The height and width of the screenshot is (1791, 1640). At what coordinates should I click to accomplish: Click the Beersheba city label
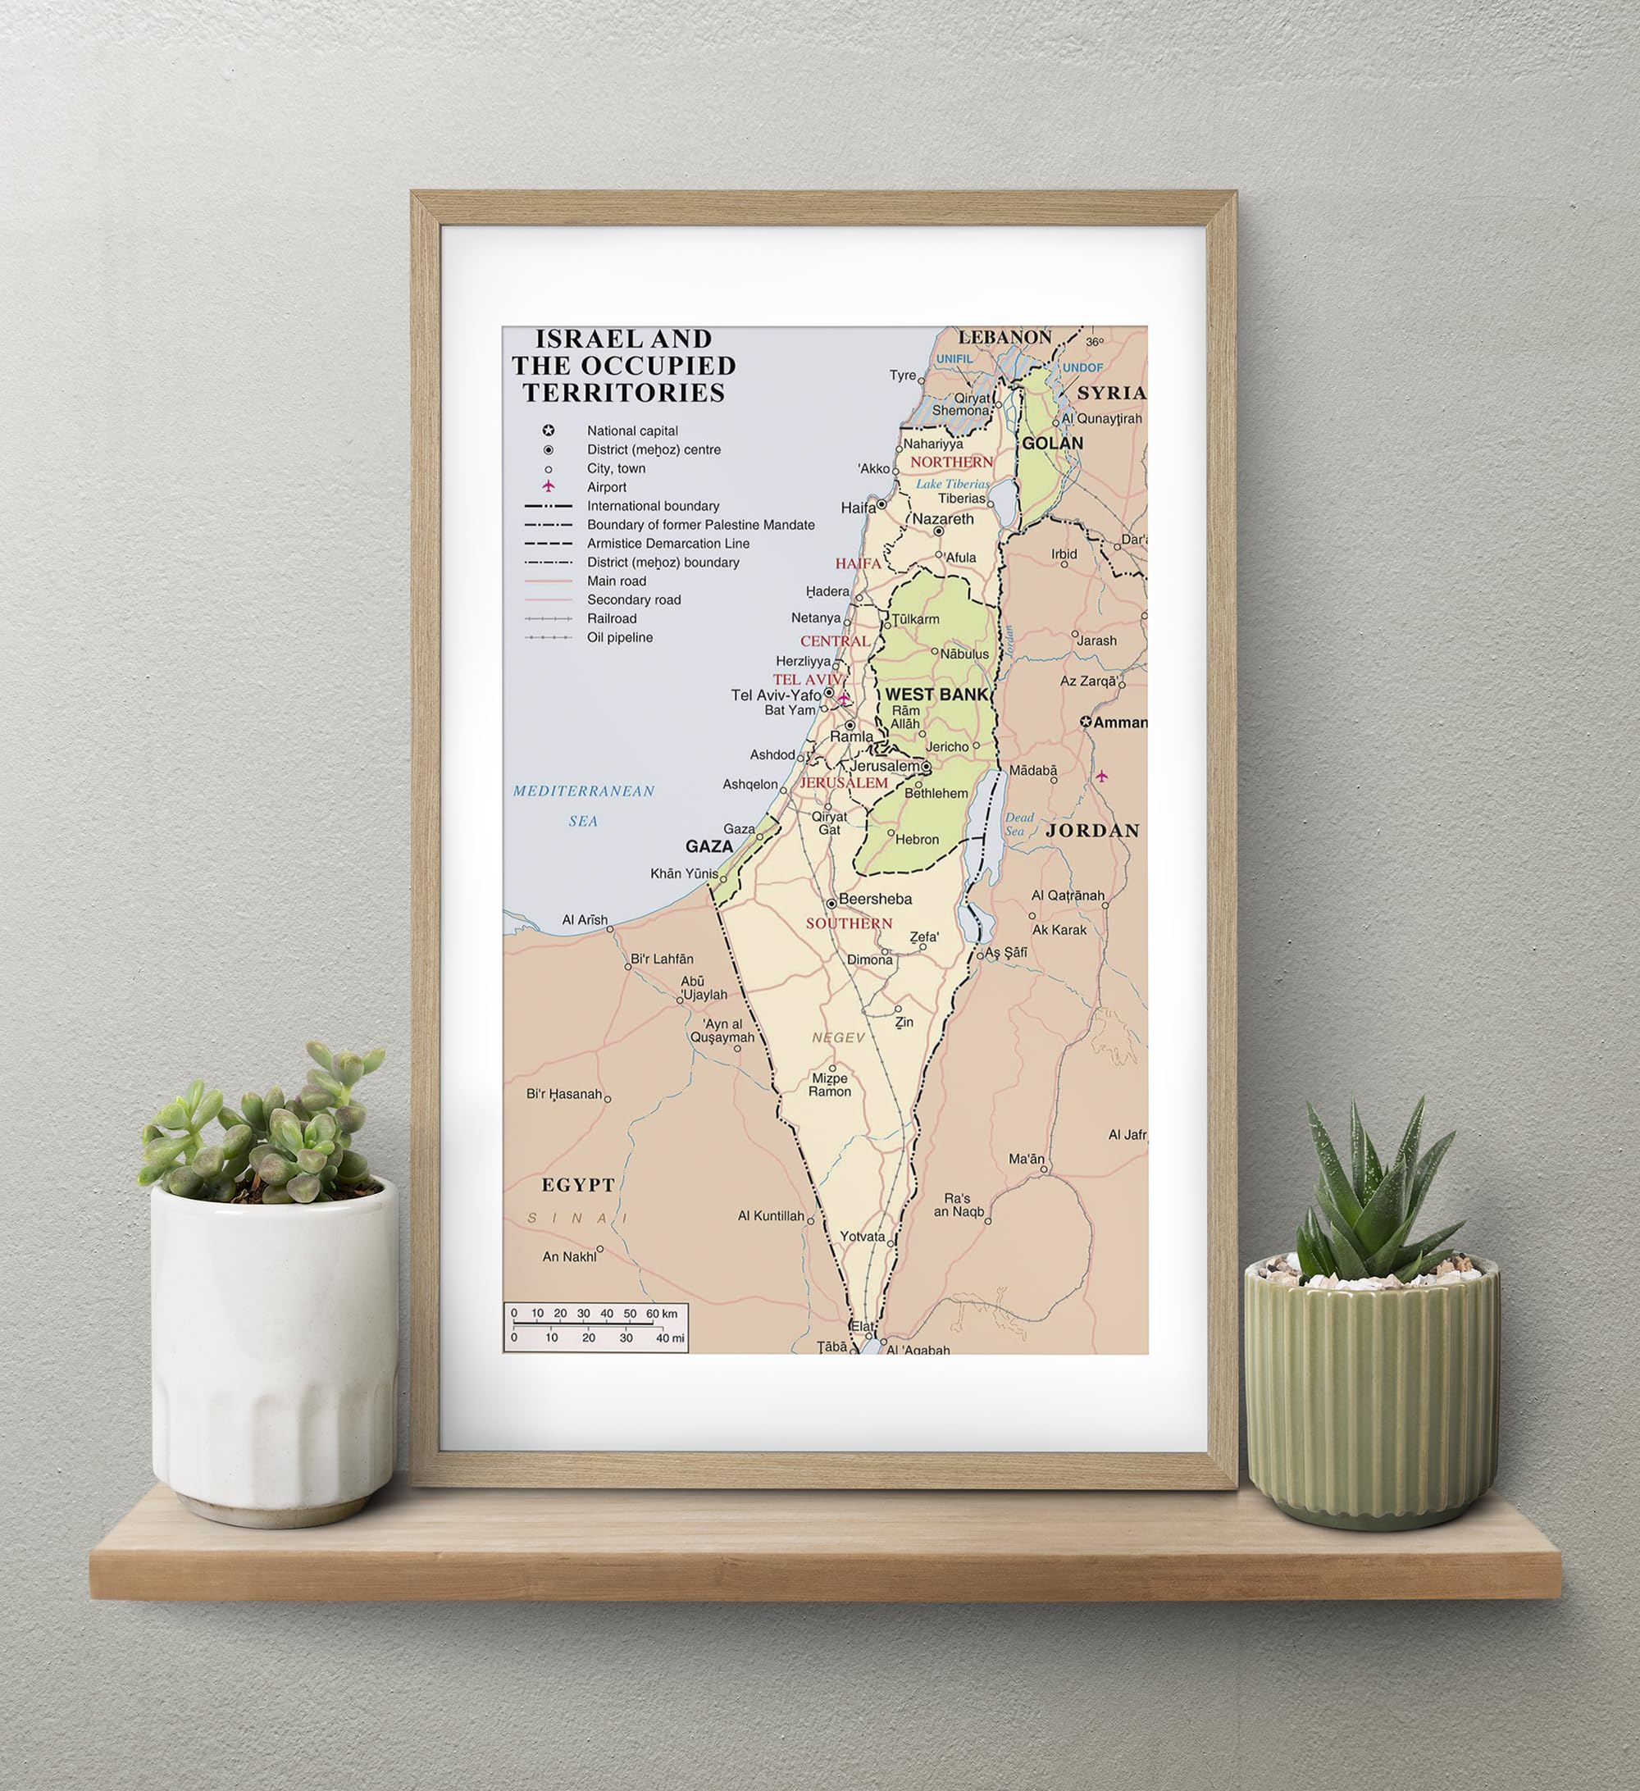point(874,899)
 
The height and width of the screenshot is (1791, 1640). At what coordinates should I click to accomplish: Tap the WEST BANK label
point(936,695)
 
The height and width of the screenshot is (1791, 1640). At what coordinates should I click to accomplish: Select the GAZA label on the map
point(709,846)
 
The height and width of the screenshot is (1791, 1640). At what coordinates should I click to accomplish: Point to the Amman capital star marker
point(1086,722)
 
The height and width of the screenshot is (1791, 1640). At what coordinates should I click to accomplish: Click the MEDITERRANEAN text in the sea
point(584,791)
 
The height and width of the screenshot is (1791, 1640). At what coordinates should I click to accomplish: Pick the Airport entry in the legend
point(606,487)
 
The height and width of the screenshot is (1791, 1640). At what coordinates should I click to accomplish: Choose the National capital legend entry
point(631,431)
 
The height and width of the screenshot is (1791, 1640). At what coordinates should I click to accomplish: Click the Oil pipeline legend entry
point(619,637)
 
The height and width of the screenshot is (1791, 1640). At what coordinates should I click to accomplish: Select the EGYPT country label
point(577,1185)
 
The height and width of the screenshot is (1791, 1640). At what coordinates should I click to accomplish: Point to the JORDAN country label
point(1092,831)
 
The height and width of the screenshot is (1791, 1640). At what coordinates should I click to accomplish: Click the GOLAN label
point(1052,444)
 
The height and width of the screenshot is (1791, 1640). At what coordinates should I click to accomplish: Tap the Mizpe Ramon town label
point(829,1085)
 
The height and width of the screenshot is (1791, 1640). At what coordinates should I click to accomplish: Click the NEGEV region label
point(838,1037)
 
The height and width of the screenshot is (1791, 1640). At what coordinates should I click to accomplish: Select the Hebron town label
point(917,840)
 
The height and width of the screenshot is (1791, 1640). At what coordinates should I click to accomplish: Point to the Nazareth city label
point(943,519)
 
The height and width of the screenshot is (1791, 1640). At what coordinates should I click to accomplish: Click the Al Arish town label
point(585,919)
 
